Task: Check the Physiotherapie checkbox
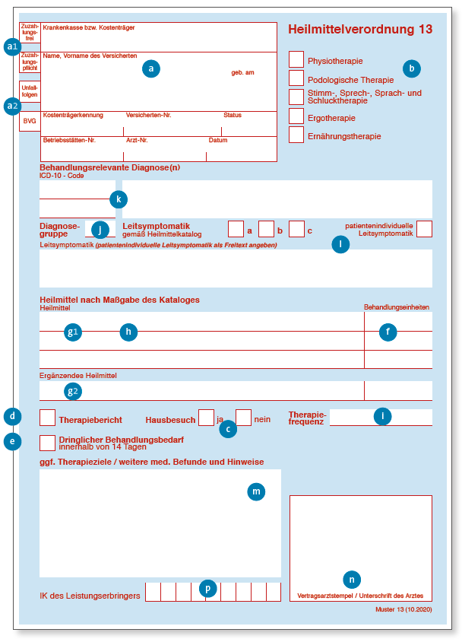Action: [296, 59]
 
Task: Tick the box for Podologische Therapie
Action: [296, 78]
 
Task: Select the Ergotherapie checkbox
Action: [296, 116]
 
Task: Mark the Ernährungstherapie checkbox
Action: [296, 135]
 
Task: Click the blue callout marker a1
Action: [11, 46]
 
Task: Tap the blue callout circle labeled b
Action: [411, 68]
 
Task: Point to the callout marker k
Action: [118, 199]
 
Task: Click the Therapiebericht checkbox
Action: [47, 418]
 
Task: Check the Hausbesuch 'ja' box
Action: [206, 418]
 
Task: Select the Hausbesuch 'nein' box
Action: [243, 418]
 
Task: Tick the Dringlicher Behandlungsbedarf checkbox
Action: [47, 443]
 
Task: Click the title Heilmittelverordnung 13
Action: [360, 30]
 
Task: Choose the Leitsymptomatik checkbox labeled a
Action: [236, 229]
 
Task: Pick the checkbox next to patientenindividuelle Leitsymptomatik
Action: [424, 228]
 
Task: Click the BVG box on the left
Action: [30, 121]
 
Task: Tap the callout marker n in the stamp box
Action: [351, 579]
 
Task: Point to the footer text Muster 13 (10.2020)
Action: [403, 610]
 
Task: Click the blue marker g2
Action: [73, 391]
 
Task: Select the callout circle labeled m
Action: [257, 492]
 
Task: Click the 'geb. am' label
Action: [243, 72]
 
